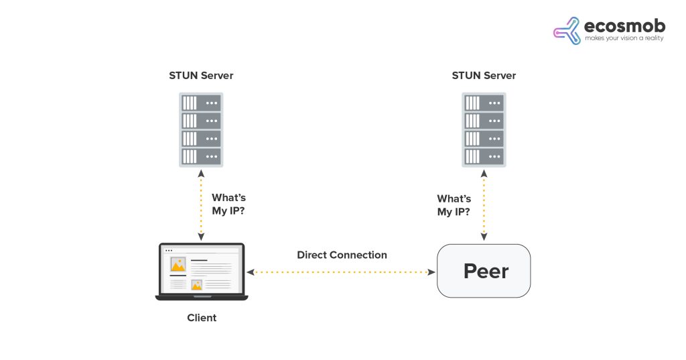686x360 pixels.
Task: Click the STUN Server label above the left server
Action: [x=201, y=76]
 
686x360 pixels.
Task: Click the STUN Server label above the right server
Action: [x=484, y=76]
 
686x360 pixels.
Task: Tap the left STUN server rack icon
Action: [x=201, y=130]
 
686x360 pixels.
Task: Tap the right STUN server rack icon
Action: [x=484, y=130]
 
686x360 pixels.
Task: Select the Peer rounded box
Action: [x=484, y=271]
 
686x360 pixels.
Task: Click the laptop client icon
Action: [x=201, y=272]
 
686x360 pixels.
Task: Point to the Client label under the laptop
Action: [x=202, y=318]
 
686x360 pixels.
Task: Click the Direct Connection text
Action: [x=342, y=255]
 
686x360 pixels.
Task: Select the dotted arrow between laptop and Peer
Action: [x=342, y=272]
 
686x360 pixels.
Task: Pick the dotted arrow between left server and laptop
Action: [x=201, y=204]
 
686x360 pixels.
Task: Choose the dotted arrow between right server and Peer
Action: [x=484, y=204]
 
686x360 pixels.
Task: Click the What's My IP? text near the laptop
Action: [x=229, y=204]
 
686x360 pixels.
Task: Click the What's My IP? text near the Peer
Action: [x=454, y=205]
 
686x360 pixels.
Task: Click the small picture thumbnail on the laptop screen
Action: [x=197, y=284]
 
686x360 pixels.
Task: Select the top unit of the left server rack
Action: [x=201, y=103]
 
